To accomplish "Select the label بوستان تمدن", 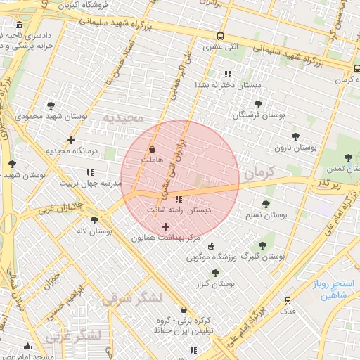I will point(331,169).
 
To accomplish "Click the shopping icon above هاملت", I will point(153,149).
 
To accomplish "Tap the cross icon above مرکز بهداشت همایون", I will point(165,226).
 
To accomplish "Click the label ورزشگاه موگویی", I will point(214,257).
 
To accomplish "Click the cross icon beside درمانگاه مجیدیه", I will point(71,140).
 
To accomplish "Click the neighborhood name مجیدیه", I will point(122,116).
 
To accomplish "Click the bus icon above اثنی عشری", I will point(221,37).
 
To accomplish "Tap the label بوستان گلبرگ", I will point(263,257).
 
